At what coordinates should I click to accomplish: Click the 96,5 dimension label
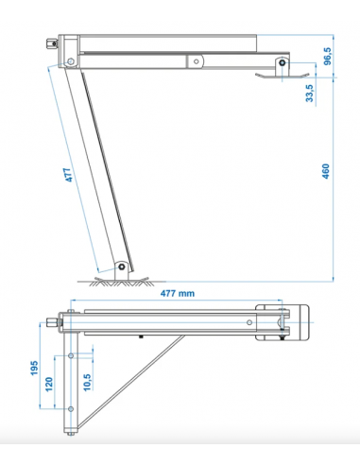pyautogui.click(x=328, y=56)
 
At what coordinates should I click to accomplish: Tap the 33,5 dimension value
pyautogui.click(x=310, y=94)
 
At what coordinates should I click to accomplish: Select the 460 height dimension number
pyautogui.click(x=326, y=171)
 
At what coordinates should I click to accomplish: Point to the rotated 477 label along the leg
pyautogui.click(x=68, y=175)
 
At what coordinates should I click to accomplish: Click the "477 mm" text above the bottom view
pyautogui.click(x=178, y=293)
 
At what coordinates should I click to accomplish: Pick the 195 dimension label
pyautogui.click(x=34, y=368)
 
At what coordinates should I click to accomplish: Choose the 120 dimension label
pyautogui.click(x=49, y=385)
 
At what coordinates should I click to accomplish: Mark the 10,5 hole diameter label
pyautogui.click(x=87, y=383)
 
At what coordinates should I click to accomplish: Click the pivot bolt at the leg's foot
pyautogui.click(x=122, y=267)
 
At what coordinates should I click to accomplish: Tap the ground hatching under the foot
pyautogui.click(x=118, y=283)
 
